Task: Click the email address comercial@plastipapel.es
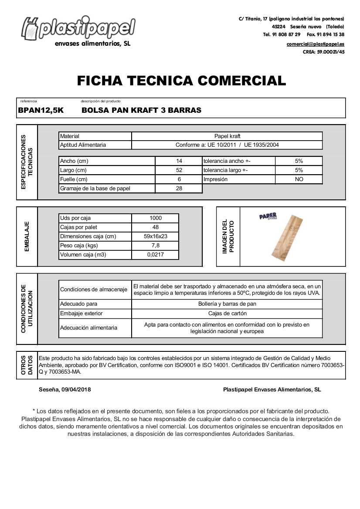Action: tap(315, 44)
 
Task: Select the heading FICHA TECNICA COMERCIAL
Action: tap(181, 81)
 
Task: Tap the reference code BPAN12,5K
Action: tap(41, 111)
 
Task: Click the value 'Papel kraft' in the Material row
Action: tap(227, 136)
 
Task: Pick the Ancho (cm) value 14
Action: tap(179, 161)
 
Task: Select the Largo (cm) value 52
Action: tap(179, 170)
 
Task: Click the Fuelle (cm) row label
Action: tap(74, 179)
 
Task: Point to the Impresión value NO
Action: tap(299, 179)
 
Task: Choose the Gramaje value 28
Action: tap(179, 189)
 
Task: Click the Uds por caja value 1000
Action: tap(156, 218)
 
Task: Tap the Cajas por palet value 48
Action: tap(156, 227)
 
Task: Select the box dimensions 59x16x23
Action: tap(156, 236)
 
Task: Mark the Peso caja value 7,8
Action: tap(156, 246)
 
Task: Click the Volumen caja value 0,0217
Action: tap(156, 255)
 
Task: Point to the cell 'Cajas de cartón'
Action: tap(227, 313)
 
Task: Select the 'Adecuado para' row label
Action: tap(79, 304)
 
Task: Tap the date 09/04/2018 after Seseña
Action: tap(77, 390)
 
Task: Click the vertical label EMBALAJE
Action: tap(27, 236)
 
